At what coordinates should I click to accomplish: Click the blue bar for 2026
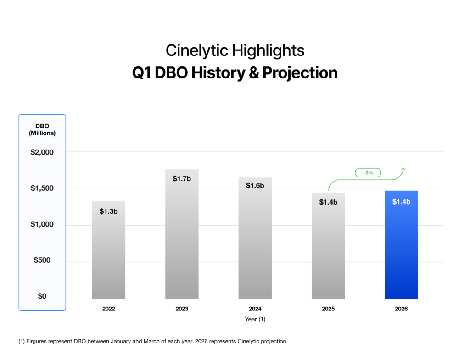coord(401,248)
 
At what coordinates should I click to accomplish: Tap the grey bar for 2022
coord(109,252)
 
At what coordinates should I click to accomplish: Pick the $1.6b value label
coord(255,186)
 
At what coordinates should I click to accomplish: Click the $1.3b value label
coord(109,211)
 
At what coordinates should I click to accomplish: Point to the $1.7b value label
coord(182,178)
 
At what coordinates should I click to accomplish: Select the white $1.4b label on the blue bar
coord(401,202)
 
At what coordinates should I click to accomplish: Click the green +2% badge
coord(368,173)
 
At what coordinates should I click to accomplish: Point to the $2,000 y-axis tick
coord(42,152)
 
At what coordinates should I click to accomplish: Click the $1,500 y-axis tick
coord(42,188)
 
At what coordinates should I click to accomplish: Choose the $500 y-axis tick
coord(42,260)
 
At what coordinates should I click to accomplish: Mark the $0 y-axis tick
coord(42,297)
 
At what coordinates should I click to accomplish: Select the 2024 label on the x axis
coord(255,309)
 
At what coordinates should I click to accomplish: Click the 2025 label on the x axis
coord(328,309)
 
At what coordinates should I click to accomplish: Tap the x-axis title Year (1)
coord(255,320)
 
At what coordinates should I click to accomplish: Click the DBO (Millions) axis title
coord(42,130)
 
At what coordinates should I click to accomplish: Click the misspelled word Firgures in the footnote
coord(38,342)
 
